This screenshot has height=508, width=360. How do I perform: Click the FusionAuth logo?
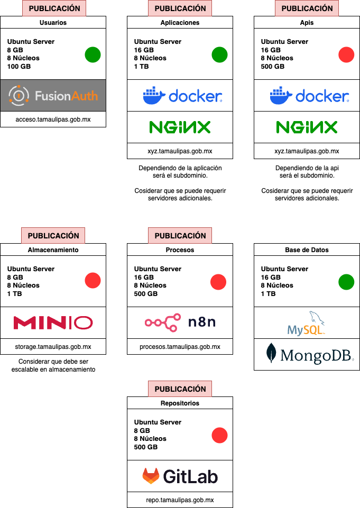click(x=53, y=96)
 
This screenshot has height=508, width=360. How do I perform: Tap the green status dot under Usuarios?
click(x=93, y=54)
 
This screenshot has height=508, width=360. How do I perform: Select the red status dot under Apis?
click(x=346, y=54)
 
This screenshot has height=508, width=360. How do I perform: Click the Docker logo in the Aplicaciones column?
click(x=180, y=96)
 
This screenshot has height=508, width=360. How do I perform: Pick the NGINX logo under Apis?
click(x=307, y=127)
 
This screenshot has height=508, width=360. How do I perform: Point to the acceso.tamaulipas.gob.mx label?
click(x=53, y=119)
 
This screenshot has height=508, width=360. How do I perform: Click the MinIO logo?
click(x=53, y=322)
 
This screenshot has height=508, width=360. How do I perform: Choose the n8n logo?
click(x=180, y=322)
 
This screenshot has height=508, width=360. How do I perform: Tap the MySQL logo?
click(x=307, y=324)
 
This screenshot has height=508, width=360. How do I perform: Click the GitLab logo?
click(x=180, y=476)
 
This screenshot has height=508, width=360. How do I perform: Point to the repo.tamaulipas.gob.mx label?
click(x=180, y=500)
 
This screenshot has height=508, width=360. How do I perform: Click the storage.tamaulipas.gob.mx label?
click(x=53, y=347)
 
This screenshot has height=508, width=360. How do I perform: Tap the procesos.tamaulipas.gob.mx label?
click(x=180, y=347)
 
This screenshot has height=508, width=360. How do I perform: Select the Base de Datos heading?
click(x=307, y=250)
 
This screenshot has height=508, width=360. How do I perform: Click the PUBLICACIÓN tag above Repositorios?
click(x=180, y=389)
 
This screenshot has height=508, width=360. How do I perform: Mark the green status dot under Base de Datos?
click(x=346, y=282)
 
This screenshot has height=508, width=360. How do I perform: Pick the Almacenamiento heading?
click(x=53, y=250)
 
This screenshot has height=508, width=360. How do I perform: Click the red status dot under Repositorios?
click(x=219, y=436)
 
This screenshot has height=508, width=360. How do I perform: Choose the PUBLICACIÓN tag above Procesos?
click(x=180, y=236)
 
